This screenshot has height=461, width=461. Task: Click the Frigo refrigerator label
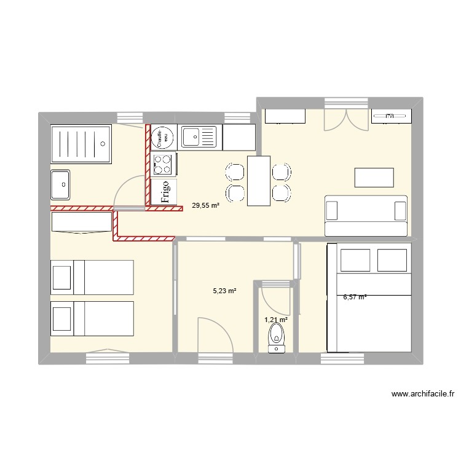click(164, 192)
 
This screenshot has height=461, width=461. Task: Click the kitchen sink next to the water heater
click(199, 136)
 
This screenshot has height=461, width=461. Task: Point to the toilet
click(277, 339)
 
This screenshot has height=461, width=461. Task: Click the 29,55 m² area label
click(205, 207)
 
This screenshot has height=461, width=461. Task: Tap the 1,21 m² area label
click(276, 320)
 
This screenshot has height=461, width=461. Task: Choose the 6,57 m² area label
click(355, 297)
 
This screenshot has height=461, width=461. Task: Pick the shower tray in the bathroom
click(81, 144)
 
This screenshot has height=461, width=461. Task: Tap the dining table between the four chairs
click(259, 181)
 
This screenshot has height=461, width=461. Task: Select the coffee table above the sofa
click(374, 177)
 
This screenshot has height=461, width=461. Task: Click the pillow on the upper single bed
click(62, 277)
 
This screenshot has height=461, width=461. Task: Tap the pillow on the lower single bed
click(62, 318)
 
